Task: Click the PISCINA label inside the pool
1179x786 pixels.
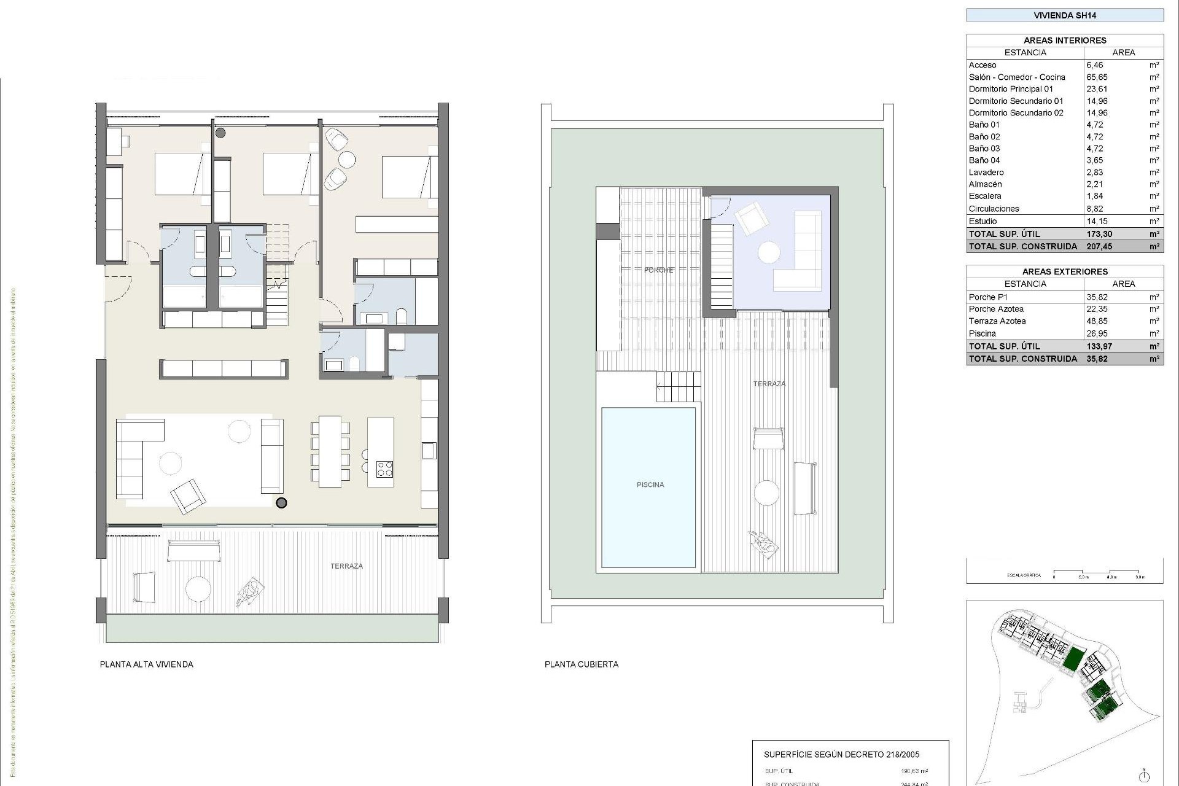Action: pos(650,484)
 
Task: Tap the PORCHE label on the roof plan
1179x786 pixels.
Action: pos(658,270)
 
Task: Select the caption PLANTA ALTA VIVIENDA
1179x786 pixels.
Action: pos(146,664)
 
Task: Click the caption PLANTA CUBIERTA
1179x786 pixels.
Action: pos(581,664)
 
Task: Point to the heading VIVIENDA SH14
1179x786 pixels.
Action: pos(1065,15)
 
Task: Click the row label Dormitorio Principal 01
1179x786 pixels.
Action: pos(1011,89)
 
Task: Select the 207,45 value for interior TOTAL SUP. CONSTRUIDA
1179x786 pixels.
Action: pos(1099,246)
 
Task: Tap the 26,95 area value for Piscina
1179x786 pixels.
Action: pos(1097,333)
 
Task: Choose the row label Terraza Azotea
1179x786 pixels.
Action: pos(997,321)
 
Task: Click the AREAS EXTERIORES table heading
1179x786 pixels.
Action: pos(1065,271)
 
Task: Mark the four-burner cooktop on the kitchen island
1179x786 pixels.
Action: pos(384,469)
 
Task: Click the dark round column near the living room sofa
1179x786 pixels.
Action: pos(281,503)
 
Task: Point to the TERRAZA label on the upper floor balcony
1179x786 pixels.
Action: pos(346,566)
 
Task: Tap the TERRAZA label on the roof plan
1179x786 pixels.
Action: pos(769,384)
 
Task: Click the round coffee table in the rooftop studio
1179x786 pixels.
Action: pos(769,252)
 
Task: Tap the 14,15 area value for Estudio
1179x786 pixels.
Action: pos(1097,221)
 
